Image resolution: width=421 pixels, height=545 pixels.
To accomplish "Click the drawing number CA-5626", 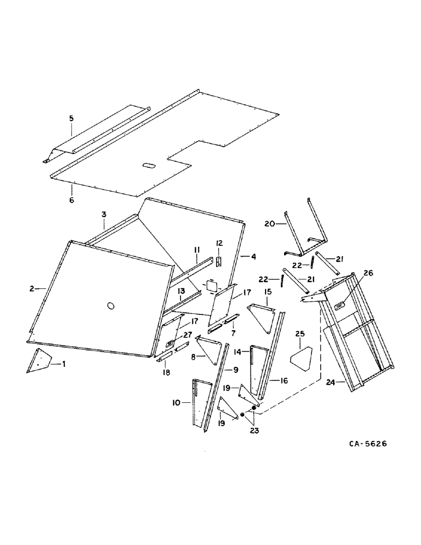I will tap(368, 444).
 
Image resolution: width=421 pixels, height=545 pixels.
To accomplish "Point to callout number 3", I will tap(103, 215).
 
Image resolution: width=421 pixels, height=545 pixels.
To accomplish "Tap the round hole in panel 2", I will tap(112, 306).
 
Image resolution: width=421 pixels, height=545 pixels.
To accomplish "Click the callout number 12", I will tap(220, 243).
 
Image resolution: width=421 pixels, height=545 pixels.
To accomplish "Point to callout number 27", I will tap(187, 335).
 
